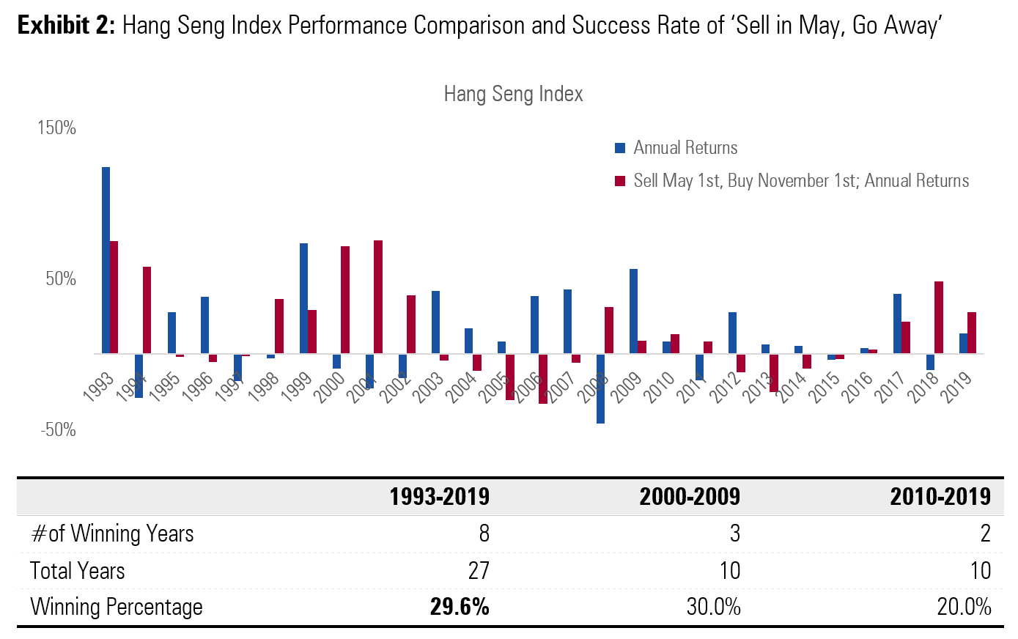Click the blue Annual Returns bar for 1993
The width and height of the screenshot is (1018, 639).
pos(106,260)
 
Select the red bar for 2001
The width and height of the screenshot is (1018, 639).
pos(378,297)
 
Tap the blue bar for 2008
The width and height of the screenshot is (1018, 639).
pos(600,388)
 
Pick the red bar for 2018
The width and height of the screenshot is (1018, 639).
pos(939,317)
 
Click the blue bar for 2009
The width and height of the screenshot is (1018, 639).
pos(633,311)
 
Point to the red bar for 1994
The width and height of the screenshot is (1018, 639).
pos(147,310)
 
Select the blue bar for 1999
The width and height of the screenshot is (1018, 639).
pos(303,298)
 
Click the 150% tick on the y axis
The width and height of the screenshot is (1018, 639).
pos(56,128)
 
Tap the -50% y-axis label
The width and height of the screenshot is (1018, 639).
pos(57,430)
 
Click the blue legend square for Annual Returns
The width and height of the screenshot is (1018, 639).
pos(620,148)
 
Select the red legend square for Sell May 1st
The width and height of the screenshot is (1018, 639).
pos(620,181)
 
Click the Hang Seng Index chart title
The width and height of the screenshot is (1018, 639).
pos(513,95)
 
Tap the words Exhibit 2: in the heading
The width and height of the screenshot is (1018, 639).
pos(66,26)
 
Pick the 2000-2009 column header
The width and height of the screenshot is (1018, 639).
pos(690,497)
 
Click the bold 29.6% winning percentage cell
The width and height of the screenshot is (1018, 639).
pos(460,607)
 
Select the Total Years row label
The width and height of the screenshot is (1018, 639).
pos(78,571)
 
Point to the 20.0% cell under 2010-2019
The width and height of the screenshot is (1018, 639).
pos(964,607)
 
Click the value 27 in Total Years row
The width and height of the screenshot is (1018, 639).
pos(479,571)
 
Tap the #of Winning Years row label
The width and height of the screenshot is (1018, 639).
pos(112,533)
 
